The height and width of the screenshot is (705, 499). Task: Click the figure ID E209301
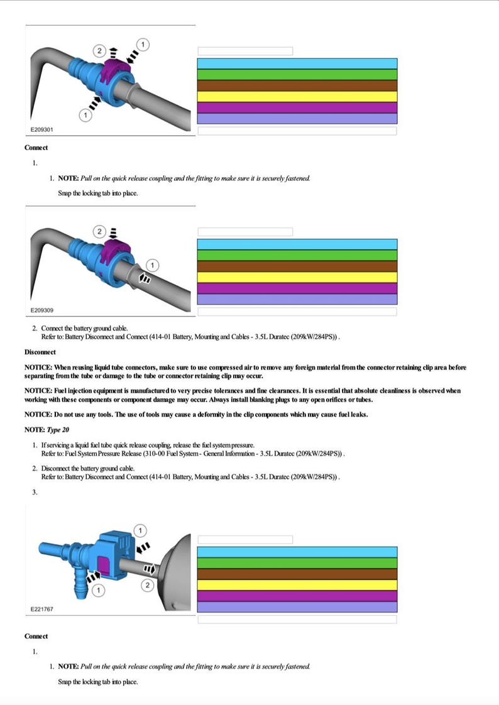[x=42, y=129]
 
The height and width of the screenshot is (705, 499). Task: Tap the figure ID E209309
[x=42, y=310]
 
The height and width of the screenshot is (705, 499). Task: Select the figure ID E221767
[x=42, y=609]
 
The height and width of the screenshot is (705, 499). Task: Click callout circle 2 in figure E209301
[x=99, y=50]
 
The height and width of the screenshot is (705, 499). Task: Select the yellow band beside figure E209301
[x=297, y=97]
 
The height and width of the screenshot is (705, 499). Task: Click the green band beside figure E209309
[x=297, y=255]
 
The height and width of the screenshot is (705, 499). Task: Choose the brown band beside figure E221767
[x=297, y=574]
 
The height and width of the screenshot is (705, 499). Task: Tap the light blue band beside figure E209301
[x=297, y=63]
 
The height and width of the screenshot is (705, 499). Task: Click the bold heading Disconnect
[x=40, y=352]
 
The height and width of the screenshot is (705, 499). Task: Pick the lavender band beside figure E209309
[x=297, y=299]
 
